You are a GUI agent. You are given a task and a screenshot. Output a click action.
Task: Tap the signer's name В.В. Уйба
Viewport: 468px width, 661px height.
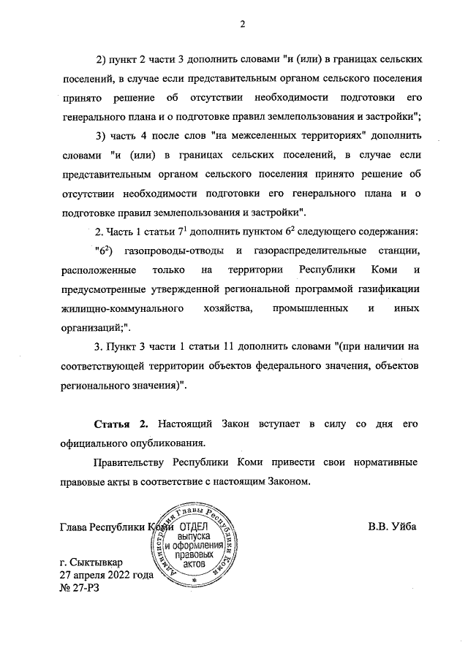click(392, 527)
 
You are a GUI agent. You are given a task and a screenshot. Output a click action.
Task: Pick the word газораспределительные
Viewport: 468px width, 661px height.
click(301, 251)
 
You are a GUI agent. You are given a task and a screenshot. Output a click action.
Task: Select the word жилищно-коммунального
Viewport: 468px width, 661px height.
click(121, 309)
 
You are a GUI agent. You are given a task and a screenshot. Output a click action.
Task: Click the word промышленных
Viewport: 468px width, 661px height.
click(309, 309)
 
